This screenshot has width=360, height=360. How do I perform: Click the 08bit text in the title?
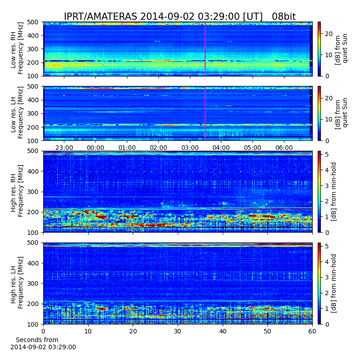point(284,17)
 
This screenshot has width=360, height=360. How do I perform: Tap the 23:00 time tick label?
point(64,148)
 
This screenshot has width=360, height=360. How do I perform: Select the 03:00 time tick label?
point(190,148)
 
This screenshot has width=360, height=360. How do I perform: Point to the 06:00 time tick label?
point(284,148)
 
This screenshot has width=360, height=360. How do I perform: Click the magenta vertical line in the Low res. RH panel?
point(205,49)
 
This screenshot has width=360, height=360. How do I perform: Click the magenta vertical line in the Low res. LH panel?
point(205,113)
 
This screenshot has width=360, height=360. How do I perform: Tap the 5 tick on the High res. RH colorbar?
point(327,154)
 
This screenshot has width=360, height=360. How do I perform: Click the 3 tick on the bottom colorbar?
point(327,277)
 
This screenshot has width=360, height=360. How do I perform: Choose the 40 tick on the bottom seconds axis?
point(223,331)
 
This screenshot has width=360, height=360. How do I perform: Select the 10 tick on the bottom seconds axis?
point(88,331)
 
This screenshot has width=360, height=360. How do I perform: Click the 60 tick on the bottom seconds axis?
point(312,331)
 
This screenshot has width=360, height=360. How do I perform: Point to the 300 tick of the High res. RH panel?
point(33,192)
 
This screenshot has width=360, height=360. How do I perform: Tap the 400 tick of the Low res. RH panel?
point(33,36)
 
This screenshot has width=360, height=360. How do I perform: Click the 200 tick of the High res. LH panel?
point(33,304)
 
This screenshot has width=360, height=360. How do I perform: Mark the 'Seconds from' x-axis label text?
point(37,340)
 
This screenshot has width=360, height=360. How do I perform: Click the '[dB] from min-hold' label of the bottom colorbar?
point(333,283)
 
